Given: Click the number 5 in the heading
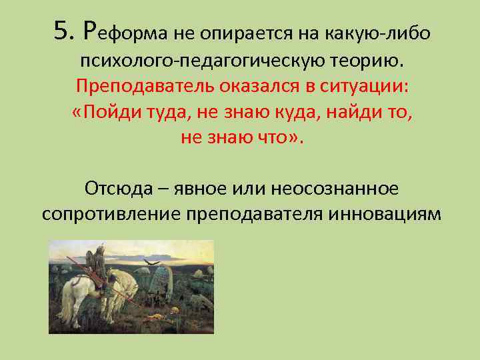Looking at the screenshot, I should pyautogui.click(x=61, y=29).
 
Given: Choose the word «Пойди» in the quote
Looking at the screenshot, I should pyautogui.click(x=105, y=112).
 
